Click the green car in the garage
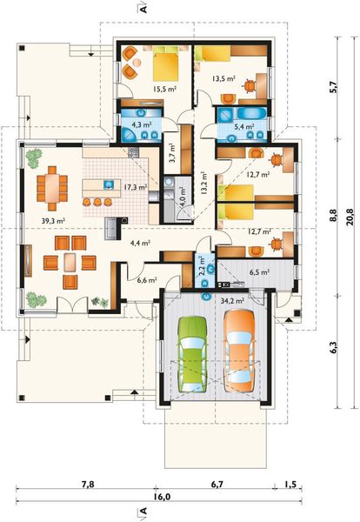click(x=191, y=354)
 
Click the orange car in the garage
click(x=239, y=351)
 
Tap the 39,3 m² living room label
click(x=53, y=220)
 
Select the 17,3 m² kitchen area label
click(x=136, y=187)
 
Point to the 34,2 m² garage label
click(x=232, y=301)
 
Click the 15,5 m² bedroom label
click(x=164, y=89)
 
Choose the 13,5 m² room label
click(x=223, y=78)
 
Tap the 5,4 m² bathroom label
click(x=244, y=126)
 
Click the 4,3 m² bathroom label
click(x=142, y=124)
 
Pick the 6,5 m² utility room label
click(x=259, y=272)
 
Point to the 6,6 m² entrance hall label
click(x=147, y=280)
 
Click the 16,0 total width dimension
click(x=162, y=497)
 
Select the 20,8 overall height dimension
click(x=350, y=217)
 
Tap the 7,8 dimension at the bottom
click(x=88, y=484)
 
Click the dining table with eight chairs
click(x=52, y=189)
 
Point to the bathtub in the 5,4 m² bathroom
click(x=252, y=113)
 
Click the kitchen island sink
click(x=109, y=184)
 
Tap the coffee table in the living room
click(x=70, y=263)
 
